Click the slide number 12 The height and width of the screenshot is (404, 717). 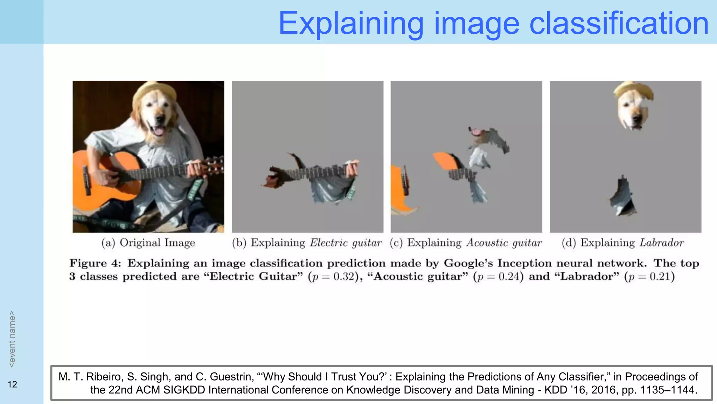(x=12, y=384)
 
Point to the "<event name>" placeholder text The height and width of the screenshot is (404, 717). (x=12, y=339)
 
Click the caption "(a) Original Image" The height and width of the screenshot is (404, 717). (x=148, y=243)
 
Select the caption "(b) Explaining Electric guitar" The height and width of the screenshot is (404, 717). (x=307, y=243)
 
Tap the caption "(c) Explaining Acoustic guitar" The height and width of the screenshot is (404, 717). (x=466, y=243)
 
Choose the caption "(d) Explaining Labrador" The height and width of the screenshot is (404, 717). (x=622, y=243)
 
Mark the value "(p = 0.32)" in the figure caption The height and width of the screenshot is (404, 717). (x=335, y=277)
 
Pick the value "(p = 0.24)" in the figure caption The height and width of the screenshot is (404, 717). (x=498, y=277)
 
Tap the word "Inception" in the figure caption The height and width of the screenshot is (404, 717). (x=524, y=263)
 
